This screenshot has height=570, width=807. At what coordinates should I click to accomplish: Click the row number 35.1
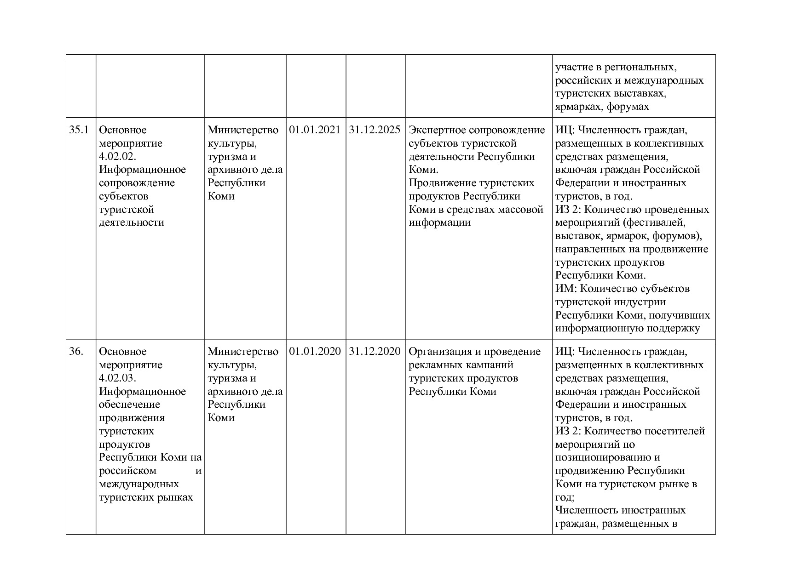point(79,130)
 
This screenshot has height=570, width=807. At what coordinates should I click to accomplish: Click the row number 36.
point(76,352)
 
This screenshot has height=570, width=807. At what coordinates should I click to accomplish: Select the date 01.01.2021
point(315,130)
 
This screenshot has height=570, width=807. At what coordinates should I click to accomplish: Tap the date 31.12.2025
point(375,130)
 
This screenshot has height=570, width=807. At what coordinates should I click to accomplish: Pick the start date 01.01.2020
point(315,352)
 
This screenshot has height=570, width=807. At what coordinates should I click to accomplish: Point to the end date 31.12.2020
point(375,352)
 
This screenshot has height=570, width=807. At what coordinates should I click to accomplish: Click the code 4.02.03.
point(118,378)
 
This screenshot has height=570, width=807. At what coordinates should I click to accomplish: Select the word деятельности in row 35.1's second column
point(132,222)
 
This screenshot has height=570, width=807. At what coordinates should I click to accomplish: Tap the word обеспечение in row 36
point(130,405)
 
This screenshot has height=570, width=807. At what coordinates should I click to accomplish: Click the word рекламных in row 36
point(434,365)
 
